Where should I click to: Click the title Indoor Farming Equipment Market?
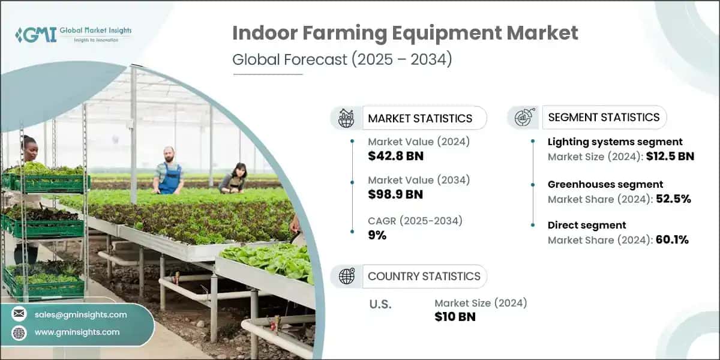405,33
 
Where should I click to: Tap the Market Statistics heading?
420,118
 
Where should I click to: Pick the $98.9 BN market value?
395,194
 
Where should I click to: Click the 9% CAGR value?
377,235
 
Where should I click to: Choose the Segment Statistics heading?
604,117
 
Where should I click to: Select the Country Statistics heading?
424,276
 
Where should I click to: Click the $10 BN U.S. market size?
455,317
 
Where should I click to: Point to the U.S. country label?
380,304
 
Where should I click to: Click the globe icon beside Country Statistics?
347,276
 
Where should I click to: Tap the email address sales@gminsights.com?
80,314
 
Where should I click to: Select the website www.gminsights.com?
77,332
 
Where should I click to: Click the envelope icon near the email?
19,314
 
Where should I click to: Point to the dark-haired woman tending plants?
234,178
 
